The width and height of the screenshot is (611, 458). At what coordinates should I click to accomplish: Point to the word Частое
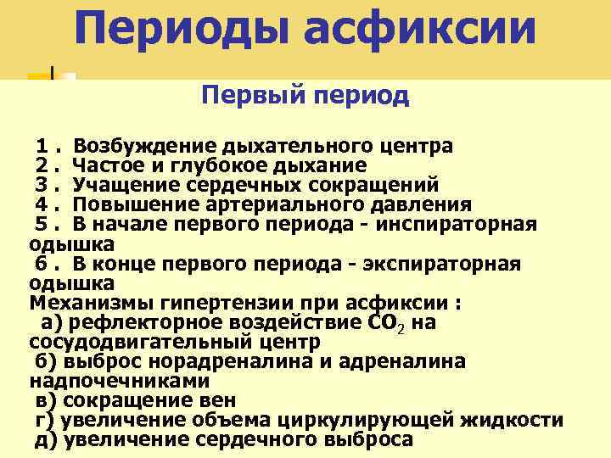[x=108, y=165]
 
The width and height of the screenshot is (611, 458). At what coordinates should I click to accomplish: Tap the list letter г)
[x=43, y=420]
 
